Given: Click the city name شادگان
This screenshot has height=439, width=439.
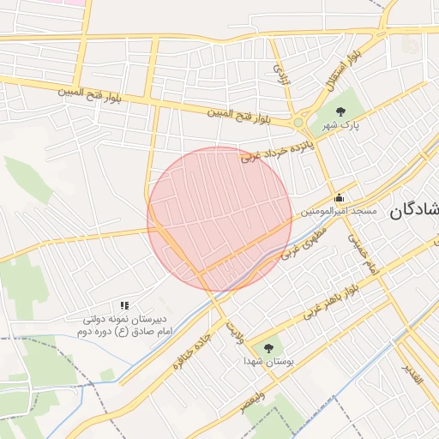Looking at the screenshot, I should pos(414,210).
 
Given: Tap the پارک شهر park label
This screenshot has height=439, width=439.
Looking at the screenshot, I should pos(339,125).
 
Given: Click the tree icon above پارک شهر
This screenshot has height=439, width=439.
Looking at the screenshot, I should pos(341,111).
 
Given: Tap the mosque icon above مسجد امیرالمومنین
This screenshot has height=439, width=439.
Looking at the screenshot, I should pos(340,196).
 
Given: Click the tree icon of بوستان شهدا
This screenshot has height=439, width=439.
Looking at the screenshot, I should pos(268,348).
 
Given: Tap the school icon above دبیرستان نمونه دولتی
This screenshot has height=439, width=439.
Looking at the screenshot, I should pos(124,304).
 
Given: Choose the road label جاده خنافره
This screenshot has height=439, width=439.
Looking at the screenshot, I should pos(190,352).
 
